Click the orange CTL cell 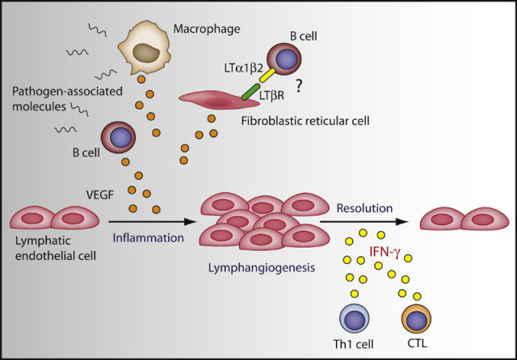pyautogui.click(x=414, y=321)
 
